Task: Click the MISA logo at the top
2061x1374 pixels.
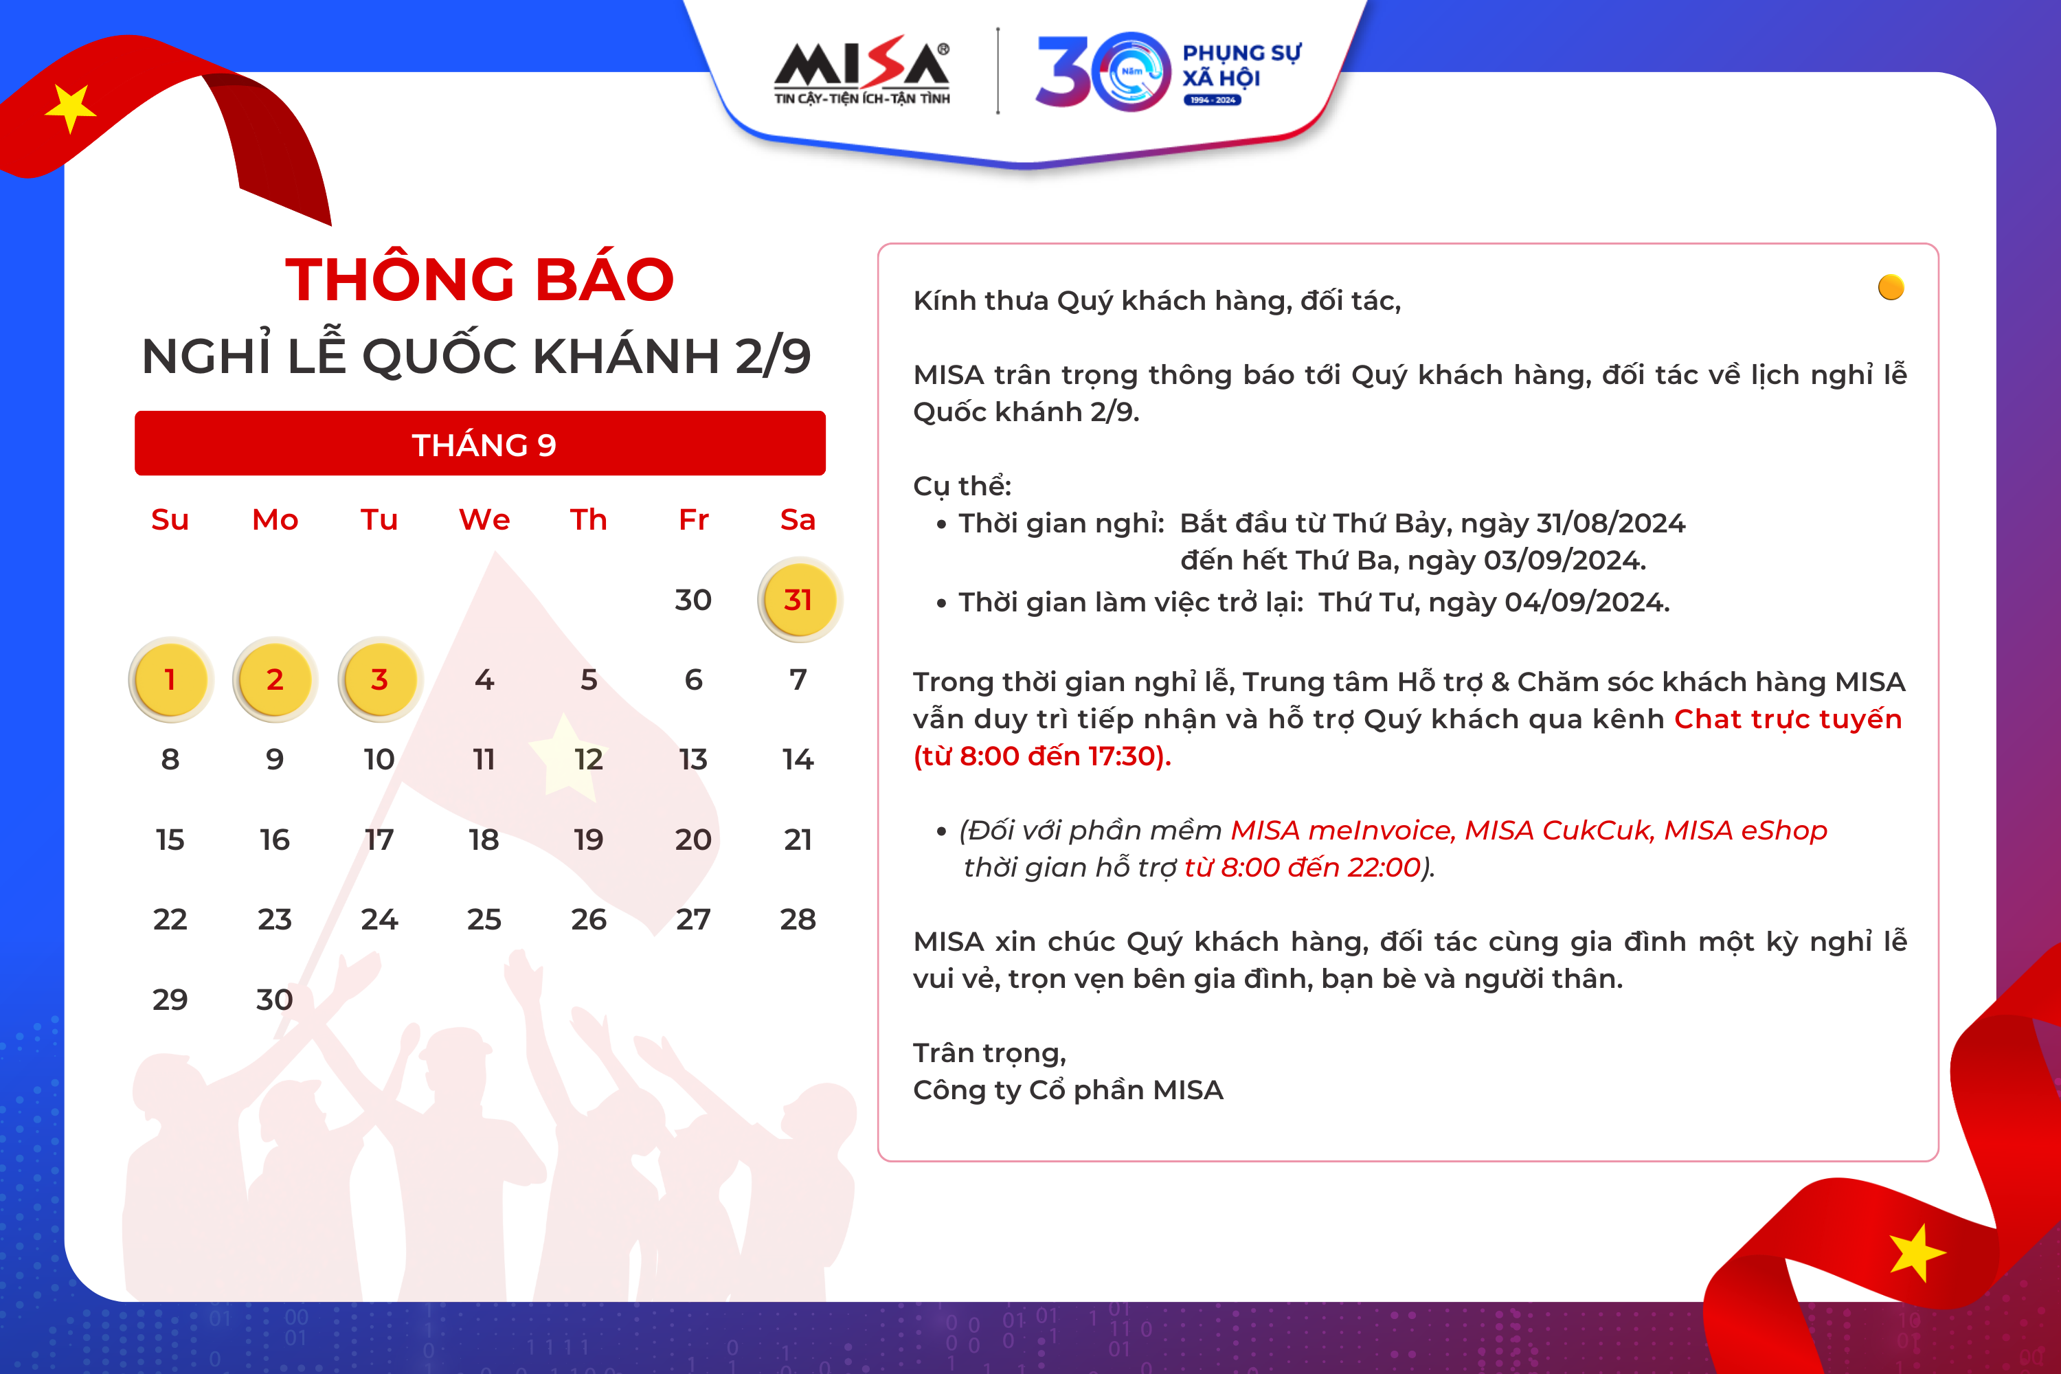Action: pos(861,70)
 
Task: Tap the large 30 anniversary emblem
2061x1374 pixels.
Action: pos(1103,72)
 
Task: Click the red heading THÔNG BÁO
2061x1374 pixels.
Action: pos(480,280)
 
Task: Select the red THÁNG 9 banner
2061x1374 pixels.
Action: pos(480,443)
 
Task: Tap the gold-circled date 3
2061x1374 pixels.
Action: pos(379,680)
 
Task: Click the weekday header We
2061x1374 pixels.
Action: pos(484,519)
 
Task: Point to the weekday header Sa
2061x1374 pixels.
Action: pos(798,519)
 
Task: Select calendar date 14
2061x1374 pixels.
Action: pos(798,759)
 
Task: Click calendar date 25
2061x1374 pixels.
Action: pos(484,919)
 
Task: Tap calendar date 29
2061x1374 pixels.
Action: pos(170,1000)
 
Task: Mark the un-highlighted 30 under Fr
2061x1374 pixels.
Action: pos(693,600)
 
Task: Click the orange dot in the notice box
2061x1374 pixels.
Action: pos(1891,287)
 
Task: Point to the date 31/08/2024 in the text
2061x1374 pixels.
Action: pos(1610,523)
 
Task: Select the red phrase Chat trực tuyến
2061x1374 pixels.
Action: pos(1788,719)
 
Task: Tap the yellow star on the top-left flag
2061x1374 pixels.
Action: pos(70,109)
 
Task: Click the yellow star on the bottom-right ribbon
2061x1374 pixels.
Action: pos(1917,1252)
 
